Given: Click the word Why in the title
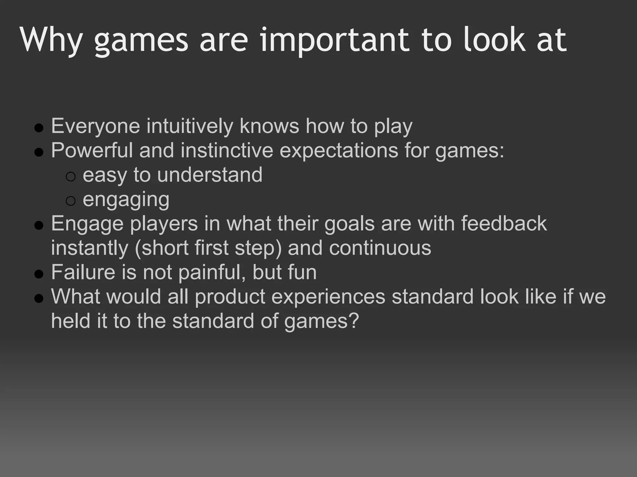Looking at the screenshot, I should point(52,40).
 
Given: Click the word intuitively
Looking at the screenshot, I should point(190,126).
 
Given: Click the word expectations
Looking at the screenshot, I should point(339,150).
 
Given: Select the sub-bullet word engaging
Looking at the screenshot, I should point(126,199).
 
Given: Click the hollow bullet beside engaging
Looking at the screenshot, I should point(71,201).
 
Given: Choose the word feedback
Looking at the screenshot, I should point(504,223).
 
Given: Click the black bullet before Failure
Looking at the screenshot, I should point(39,274).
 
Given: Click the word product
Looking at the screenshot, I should point(230,297).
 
